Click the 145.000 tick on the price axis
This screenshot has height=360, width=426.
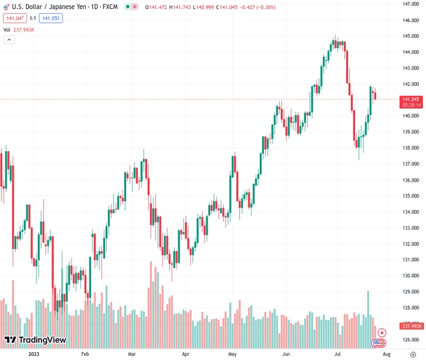tap(410, 36)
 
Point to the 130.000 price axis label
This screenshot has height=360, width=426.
tap(410, 275)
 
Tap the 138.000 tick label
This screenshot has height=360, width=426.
tap(410, 148)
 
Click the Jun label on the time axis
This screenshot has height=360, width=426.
tap(286, 354)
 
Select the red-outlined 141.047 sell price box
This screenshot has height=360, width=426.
tap(14, 18)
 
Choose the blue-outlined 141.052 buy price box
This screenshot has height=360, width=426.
tap(50, 18)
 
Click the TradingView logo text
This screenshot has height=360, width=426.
tap(42, 340)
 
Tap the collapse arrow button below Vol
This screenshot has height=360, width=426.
tap(9, 40)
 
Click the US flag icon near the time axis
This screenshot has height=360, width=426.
tap(377, 343)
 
